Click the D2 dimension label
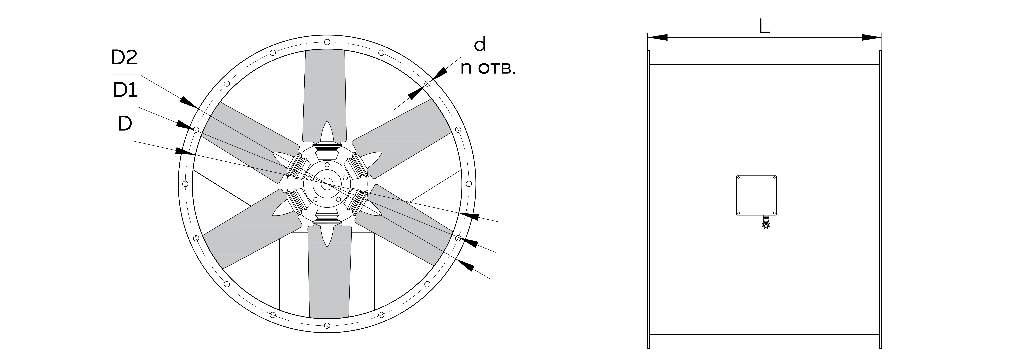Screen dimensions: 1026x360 [x=124, y=58]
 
